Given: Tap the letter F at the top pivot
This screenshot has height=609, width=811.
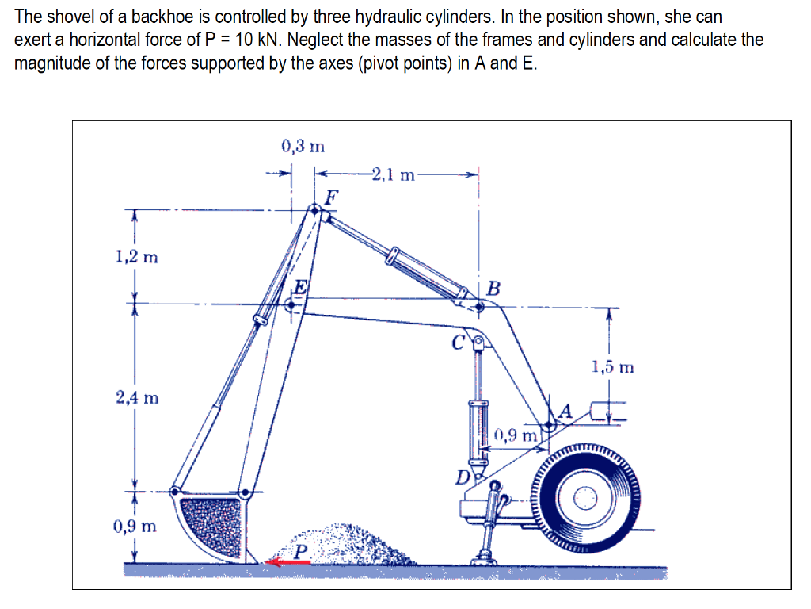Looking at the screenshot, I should click(x=332, y=195).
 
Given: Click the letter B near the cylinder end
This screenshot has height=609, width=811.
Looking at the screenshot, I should click(x=493, y=288).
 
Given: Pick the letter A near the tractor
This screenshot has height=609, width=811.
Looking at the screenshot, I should click(x=565, y=411).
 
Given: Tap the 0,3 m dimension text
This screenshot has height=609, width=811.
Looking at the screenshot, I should click(x=303, y=146).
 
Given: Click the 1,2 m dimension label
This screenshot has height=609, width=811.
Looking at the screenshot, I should click(x=135, y=256).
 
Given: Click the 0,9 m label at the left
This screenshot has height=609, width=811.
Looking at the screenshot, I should click(x=135, y=526).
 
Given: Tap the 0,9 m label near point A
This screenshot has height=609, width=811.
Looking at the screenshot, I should click(x=516, y=435).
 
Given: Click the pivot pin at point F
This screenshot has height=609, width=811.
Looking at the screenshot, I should click(x=314, y=209).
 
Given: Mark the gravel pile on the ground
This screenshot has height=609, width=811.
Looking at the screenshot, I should click(x=356, y=543).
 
